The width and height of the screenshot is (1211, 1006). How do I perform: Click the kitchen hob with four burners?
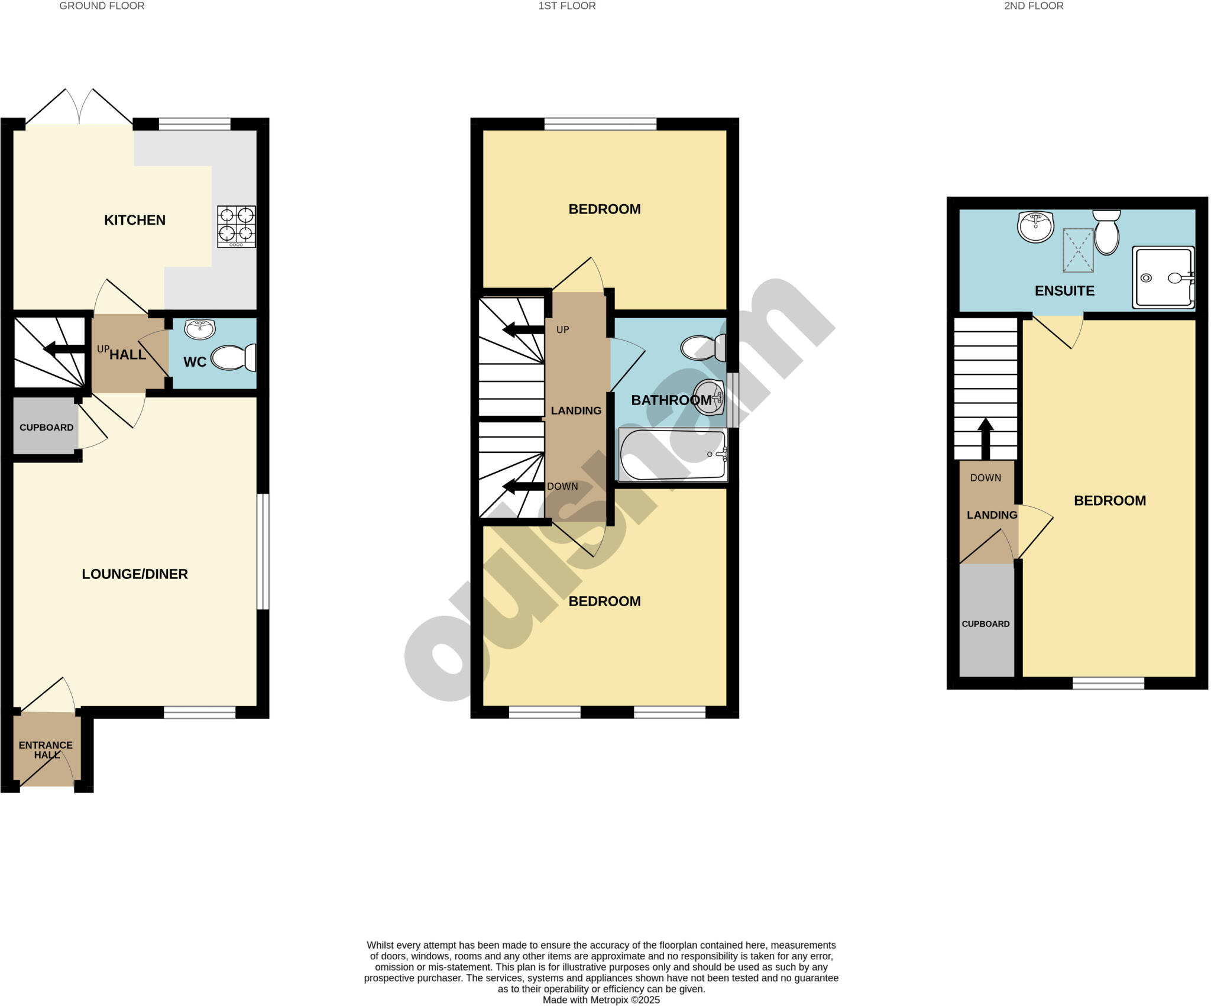pos(237,226)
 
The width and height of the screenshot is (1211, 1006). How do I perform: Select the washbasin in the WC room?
pos(200,329)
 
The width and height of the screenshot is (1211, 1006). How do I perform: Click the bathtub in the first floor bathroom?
pos(673,455)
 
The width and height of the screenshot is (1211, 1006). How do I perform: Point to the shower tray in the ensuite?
pos(1163,277)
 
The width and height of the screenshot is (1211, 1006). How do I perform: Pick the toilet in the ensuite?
pos(1106,233)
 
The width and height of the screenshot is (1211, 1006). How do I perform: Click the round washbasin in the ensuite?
pos(1035,227)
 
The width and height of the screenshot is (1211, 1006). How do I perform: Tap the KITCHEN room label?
pos(135,220)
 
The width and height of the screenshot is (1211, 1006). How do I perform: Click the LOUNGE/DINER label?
pos(135,574)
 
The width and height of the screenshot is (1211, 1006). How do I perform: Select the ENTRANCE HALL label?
pos(46,750)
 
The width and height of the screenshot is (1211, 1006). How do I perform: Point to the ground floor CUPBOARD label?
pos(46,428)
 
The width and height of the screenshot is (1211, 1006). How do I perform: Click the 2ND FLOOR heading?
pos(1034,6)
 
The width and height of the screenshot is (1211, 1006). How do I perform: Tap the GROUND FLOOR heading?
pos(102,6)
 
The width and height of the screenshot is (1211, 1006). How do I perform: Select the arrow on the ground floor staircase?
pos(64,349)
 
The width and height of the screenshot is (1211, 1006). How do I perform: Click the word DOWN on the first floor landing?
pos(562,486)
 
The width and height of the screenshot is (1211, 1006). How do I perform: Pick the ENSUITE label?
pos(1064,290)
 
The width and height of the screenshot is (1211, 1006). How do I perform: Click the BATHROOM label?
pos(671,400)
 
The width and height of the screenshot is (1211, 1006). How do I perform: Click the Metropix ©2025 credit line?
pos(601,1000)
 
